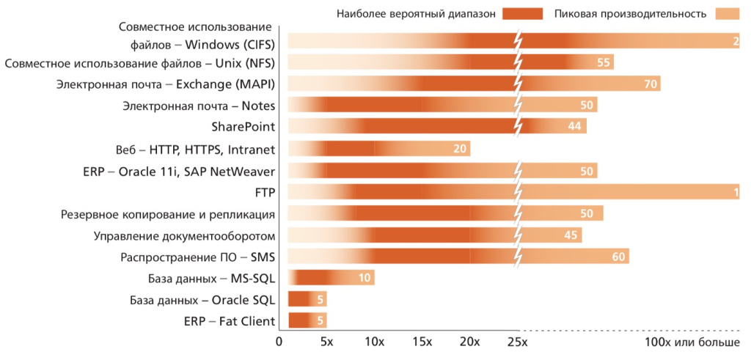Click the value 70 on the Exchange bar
(651, 84)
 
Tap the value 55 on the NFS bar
(604, 62)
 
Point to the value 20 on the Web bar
(460, 149)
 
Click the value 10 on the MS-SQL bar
(364, 278)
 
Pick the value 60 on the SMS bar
(619, 257)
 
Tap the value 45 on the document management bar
(571, 235)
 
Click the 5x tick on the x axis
(326, 342)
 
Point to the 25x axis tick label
(517, 342)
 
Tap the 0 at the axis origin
(279, 342)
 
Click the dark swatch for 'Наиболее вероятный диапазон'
(522, 13)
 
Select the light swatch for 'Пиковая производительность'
(728, 13)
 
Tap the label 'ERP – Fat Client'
(229, 321)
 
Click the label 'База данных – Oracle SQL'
(202, 300)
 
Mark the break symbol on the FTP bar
(519, 192)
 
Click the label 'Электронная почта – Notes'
(199, 106)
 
